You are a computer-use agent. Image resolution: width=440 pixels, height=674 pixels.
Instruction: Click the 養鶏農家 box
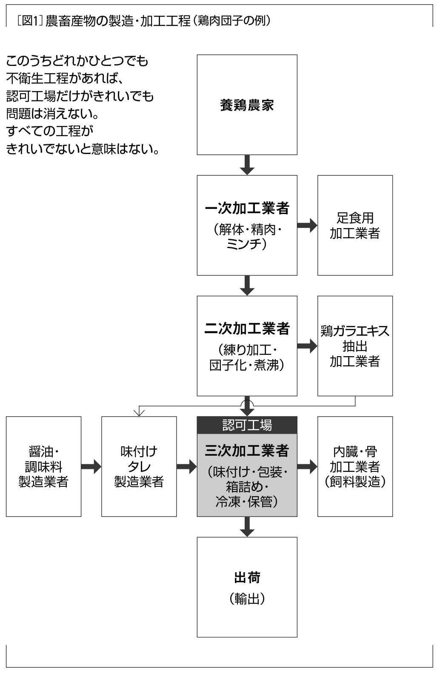[247, 105]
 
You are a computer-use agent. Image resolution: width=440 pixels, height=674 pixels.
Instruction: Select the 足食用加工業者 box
[355, 225]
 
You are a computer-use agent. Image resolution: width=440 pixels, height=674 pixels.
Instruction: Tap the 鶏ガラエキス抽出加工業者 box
[355, 346]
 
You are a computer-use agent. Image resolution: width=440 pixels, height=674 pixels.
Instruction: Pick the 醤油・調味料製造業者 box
[43, 466]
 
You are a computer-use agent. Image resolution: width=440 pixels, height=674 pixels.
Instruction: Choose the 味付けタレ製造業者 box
[139, 466]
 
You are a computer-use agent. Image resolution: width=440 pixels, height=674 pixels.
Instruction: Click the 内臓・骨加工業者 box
[355, 466]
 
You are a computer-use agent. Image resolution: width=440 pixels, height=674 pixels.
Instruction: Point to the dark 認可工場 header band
[247, 425]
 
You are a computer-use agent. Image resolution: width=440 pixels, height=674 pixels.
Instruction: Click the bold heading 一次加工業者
[247, 208]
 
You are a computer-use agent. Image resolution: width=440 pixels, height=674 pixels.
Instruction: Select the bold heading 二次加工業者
[247, 329]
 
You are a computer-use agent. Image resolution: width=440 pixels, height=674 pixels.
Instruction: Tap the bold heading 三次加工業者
[247, 450]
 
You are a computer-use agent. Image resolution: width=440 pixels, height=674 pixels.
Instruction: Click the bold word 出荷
[247, 577]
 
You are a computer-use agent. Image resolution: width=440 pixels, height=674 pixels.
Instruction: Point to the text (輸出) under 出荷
[247, 599]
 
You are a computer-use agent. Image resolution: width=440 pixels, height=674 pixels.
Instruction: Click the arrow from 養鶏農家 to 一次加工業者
[247, 165]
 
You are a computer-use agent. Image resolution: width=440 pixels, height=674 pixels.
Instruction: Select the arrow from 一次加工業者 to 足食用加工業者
[307, 225]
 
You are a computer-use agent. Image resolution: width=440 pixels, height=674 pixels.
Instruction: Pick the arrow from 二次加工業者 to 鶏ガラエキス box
[307, 346]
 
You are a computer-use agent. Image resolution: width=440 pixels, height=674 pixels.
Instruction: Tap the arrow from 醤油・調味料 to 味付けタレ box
[91, 466]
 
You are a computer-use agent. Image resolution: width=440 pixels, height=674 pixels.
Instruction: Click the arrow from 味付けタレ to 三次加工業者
[186, 466]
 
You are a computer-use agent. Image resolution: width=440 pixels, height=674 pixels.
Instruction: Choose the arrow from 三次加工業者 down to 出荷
[247, 527]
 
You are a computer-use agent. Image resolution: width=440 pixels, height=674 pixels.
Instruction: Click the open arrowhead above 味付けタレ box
[139, 412]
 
